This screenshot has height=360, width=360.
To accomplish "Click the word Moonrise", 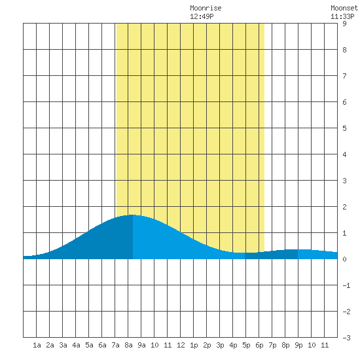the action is point(206,8).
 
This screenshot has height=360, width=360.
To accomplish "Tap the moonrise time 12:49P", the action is point(202,16).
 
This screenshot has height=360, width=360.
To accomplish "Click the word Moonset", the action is point(344,8).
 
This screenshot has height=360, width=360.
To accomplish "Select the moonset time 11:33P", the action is point(342,16).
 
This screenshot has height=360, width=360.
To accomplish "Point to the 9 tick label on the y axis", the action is point(344,24).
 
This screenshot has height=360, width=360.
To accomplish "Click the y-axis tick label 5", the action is point(344,128).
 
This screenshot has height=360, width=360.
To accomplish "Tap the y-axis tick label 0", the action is point(344,259).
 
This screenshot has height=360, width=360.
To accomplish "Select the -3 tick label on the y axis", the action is point(346,338).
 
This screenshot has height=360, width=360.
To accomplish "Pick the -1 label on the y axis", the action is point(346,285).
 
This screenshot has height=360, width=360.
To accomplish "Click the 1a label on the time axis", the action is point(37,345).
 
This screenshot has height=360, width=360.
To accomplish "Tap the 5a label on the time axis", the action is point(89,345).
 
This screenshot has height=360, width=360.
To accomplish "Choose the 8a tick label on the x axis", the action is point(128,345).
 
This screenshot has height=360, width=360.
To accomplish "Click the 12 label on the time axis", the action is point(181,345).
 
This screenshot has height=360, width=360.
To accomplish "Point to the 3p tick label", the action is point(220,345).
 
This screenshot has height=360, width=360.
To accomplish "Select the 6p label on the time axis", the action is point(259,345).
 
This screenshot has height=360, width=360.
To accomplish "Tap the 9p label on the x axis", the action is point(298,345).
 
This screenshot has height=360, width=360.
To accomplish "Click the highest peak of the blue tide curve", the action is point(132,215).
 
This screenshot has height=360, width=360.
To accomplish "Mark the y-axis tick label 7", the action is point(344,76).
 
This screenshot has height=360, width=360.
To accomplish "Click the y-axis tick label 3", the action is point(344,181).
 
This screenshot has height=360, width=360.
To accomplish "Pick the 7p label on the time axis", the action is point(272,345).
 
